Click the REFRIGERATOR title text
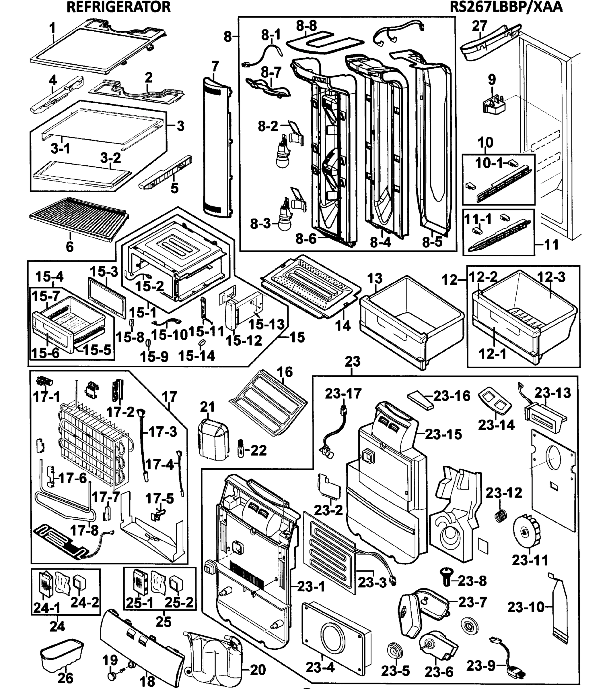[118, 7]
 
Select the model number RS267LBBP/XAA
[506, 7]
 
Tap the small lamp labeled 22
[241, 449]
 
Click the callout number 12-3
[551, 277]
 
